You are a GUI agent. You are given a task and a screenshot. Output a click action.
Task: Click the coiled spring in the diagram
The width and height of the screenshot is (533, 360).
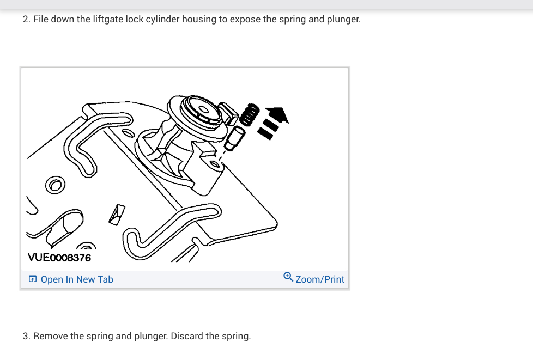point(250,115)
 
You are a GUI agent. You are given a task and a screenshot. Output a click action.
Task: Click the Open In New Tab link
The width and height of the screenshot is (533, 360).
point(77,279)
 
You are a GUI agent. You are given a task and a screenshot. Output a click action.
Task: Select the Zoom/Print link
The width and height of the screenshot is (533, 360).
point(320,279)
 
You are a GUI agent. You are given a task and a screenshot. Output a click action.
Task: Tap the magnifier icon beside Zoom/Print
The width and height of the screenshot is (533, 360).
point(288,278)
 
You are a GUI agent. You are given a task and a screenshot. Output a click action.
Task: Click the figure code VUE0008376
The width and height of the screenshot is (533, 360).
point(59,257)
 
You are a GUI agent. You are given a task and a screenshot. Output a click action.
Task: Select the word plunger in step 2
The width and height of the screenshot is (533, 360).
point(343,20)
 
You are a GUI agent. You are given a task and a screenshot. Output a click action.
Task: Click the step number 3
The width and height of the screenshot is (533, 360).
point(26,336)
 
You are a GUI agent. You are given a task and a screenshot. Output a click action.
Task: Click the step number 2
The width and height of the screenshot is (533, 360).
point(26,20)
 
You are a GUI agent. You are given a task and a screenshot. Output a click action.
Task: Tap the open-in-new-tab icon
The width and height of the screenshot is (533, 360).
point(33,279)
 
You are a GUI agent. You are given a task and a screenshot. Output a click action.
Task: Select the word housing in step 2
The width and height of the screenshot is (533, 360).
point(199,20)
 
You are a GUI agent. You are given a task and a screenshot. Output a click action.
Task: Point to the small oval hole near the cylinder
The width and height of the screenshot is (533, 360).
point(129,132)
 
